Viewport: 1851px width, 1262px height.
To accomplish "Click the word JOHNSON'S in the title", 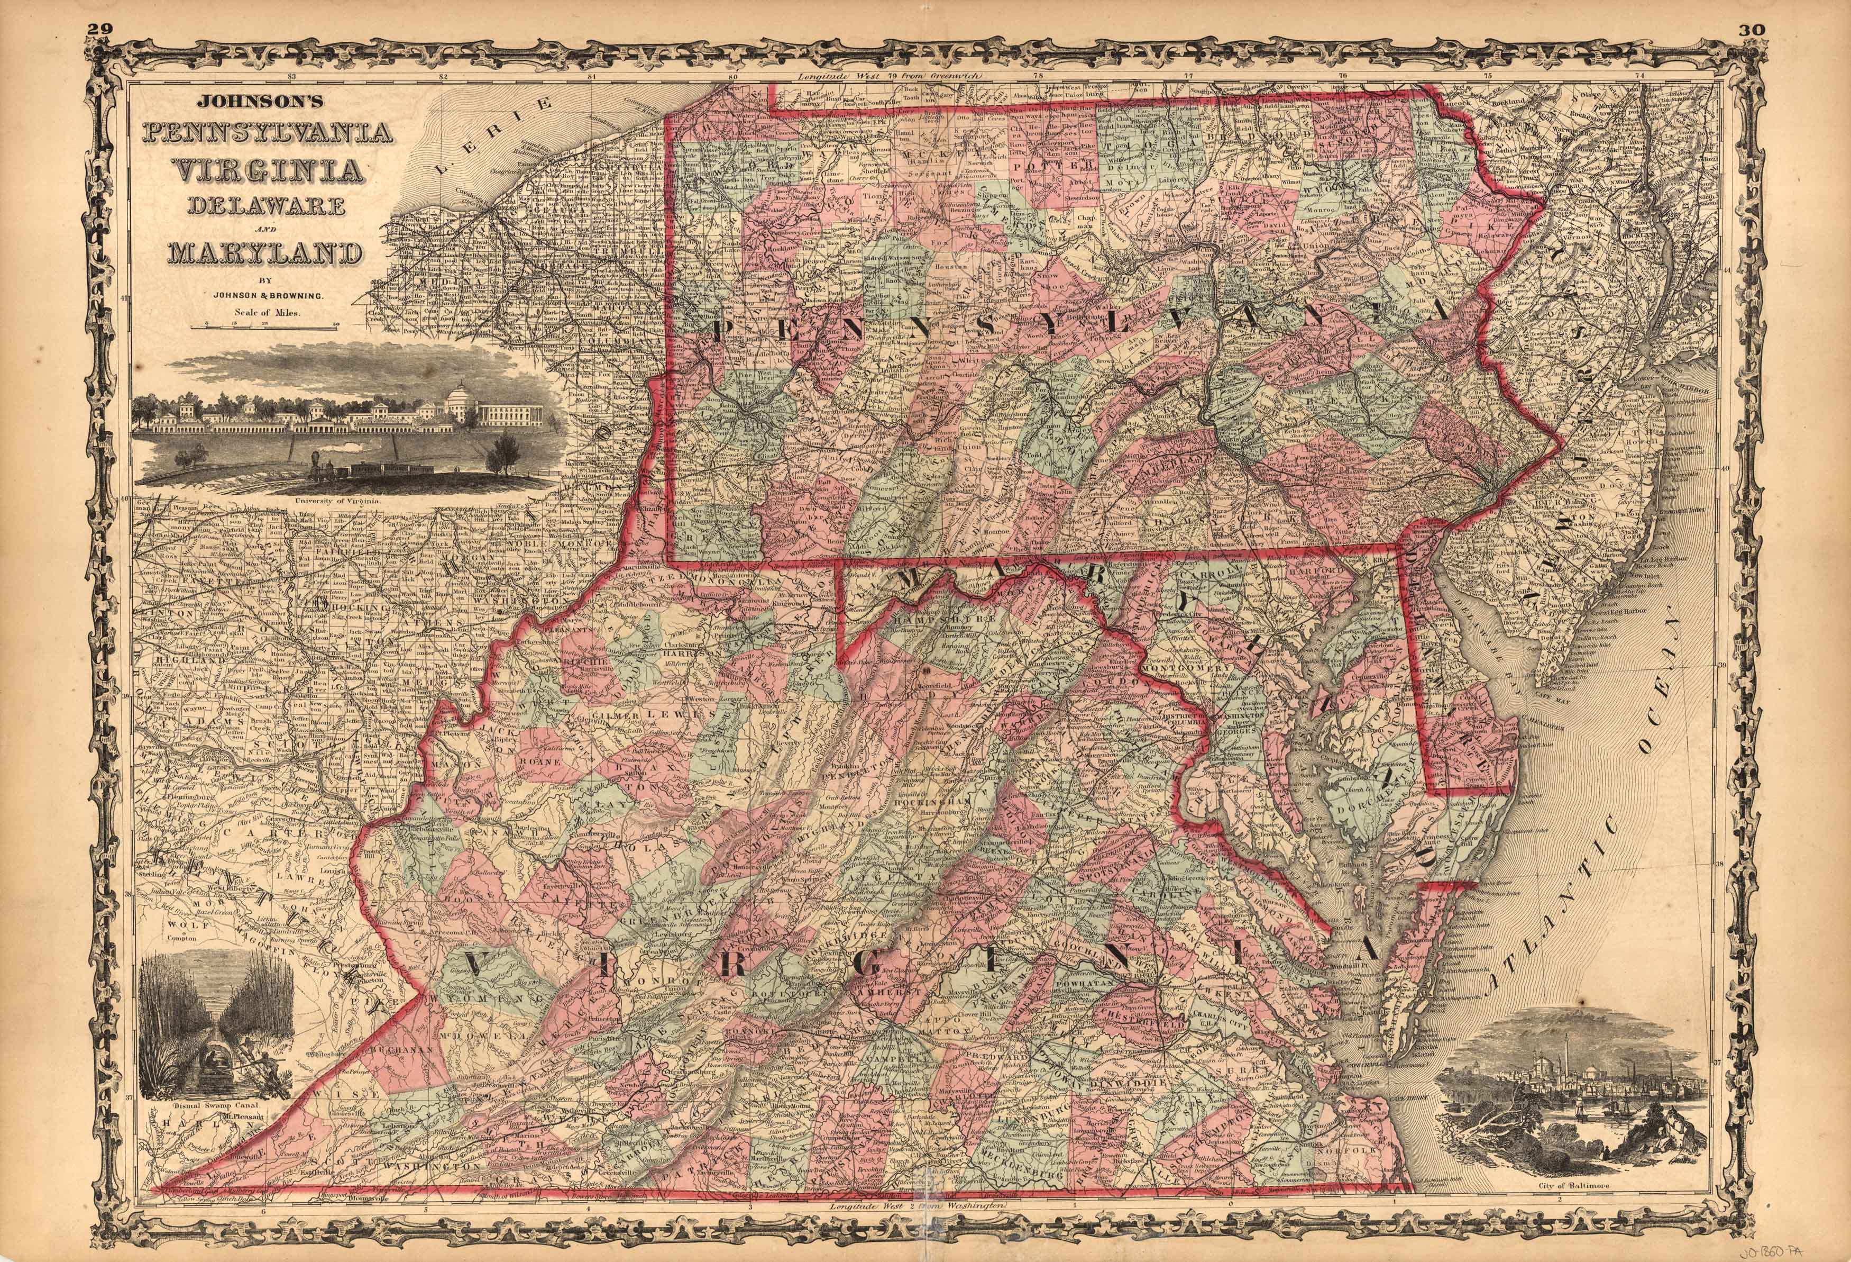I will coord(238,103).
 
